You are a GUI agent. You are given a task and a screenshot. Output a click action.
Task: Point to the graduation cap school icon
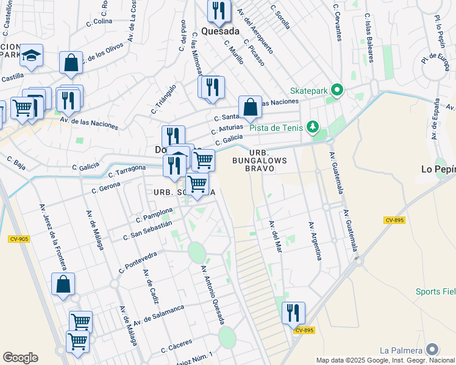[x=31, y=55]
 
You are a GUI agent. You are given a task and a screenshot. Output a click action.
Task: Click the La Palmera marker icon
[x=432, y=350]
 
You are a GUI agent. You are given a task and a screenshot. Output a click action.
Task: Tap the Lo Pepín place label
[x=438, y=169]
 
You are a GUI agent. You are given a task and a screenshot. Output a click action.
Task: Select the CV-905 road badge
[x=19, y=239]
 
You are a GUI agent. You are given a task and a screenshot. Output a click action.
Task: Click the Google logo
[x=20, y=358]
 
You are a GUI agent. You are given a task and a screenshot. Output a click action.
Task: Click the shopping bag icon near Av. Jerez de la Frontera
[x=63, y=284]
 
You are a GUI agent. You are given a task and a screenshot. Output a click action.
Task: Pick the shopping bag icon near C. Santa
[x=250, y=107]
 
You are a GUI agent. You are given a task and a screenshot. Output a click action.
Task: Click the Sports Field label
[x=435, y=292]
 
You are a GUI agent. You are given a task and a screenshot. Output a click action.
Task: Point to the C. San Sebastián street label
[x=148, y=230]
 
